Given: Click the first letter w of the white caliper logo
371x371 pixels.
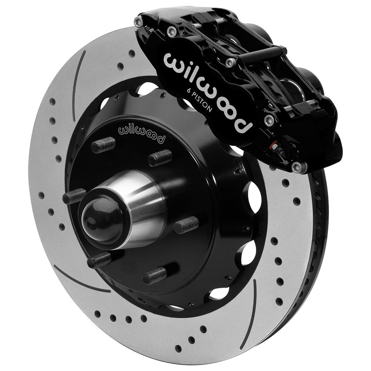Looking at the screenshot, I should [172, 62].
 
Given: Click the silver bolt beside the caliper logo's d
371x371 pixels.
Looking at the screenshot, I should [268, 120].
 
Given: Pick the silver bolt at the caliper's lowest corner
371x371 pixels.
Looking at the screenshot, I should [297, 167].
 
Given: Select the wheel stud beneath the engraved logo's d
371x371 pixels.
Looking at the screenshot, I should [160, 157].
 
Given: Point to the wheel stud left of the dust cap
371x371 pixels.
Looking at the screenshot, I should [74, 196].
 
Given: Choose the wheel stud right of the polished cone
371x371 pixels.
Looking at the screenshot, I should [186, 225].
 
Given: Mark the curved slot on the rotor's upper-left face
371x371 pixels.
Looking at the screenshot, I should [78, 86].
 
